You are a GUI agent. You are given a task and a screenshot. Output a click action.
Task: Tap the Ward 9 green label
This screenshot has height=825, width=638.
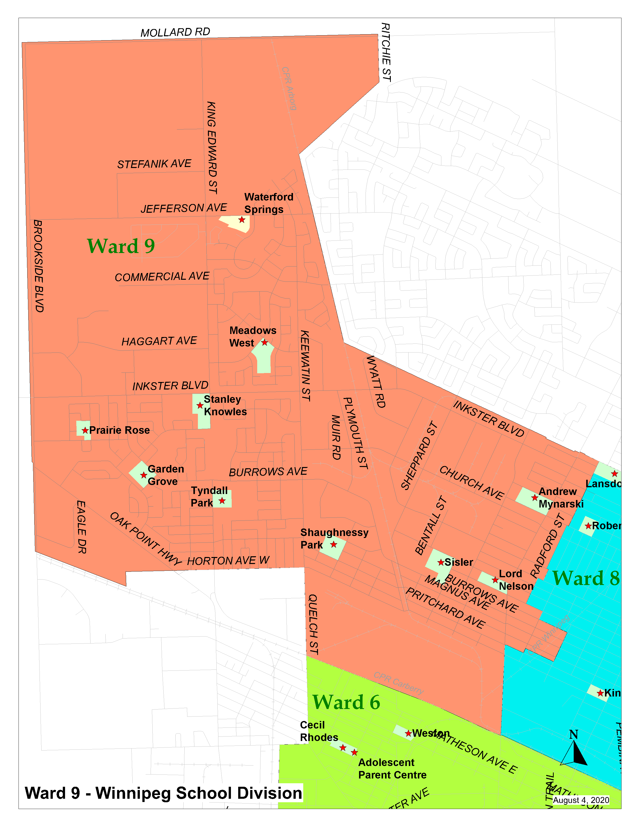121,246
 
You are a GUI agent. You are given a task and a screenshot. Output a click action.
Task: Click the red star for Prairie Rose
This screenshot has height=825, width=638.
85,430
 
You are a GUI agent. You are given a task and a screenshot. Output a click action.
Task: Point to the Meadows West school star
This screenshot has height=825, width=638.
264,342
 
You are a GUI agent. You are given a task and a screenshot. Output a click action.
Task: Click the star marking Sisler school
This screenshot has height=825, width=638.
441,562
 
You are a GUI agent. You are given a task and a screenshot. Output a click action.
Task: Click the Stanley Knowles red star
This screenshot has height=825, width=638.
200,405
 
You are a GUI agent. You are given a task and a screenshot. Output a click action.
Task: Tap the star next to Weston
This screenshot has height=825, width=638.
408,733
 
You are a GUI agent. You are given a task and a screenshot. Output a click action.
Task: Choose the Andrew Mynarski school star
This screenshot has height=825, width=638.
534,497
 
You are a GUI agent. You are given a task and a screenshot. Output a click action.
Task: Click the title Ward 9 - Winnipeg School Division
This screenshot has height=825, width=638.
163,793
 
